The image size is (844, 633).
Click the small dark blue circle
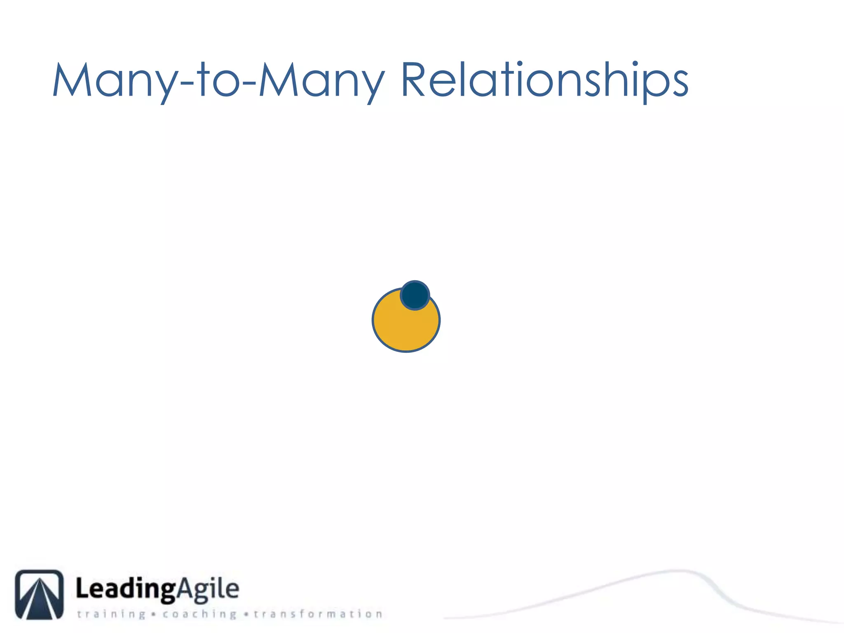[415, 295]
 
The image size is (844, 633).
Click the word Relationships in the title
[544, 80]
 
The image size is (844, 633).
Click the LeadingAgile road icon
[39, 594]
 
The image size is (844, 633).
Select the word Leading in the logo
[126, 589]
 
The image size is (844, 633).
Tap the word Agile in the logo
[208, 589]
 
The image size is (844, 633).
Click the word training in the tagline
[111, 614]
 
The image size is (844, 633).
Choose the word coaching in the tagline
[199, 614]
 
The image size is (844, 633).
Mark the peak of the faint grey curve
[678, 571]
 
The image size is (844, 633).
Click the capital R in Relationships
[413, 80]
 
